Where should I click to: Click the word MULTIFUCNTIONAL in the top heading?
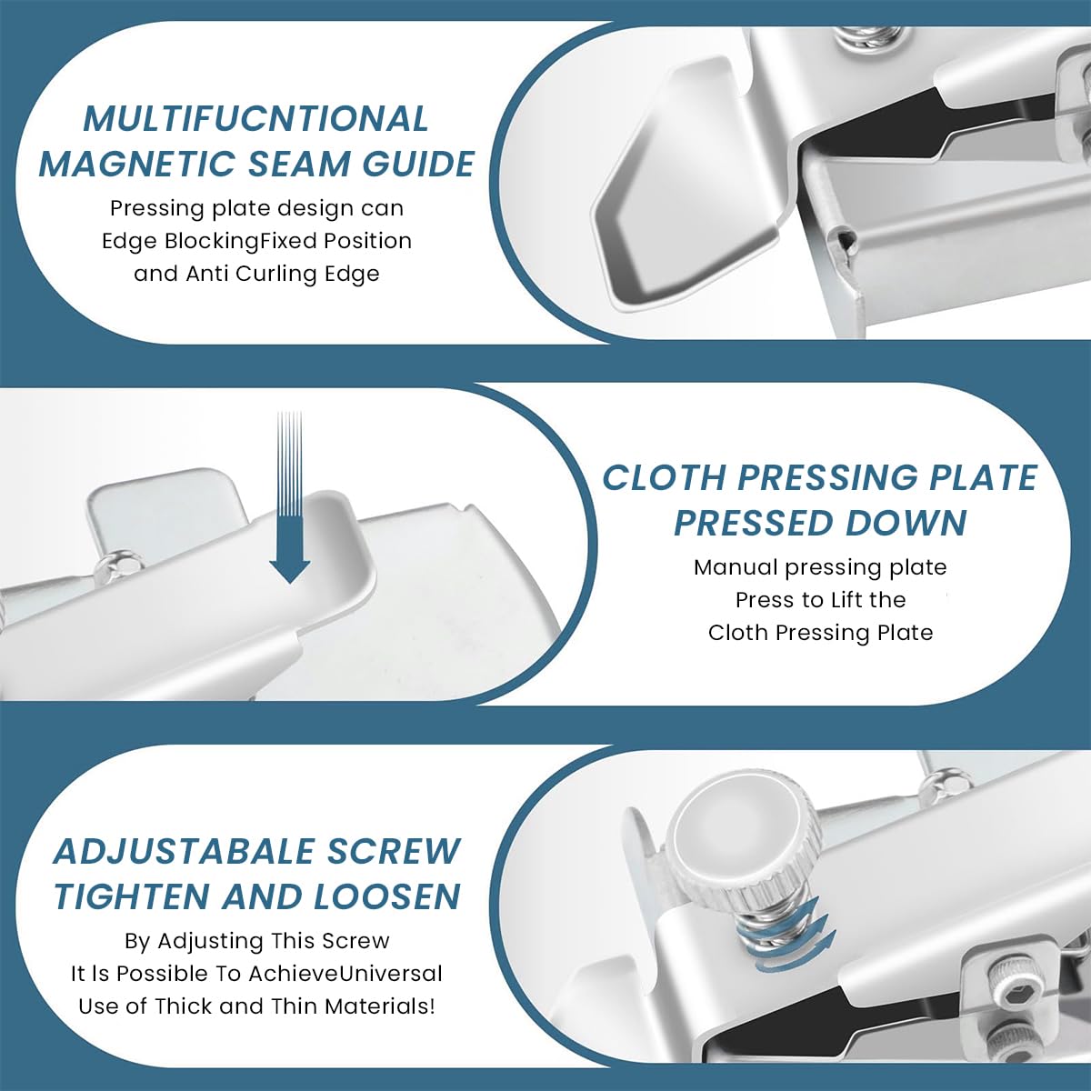pyautogui.click(x=255, y=119)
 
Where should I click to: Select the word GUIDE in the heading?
pyautogui.click(x=418, y=165)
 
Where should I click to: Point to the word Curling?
pyautogui.click(x=275, y=274)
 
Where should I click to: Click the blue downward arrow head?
pyautogui.click(x=290, y=569)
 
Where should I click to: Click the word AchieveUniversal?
pyautogui.click(x=345, y=974)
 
